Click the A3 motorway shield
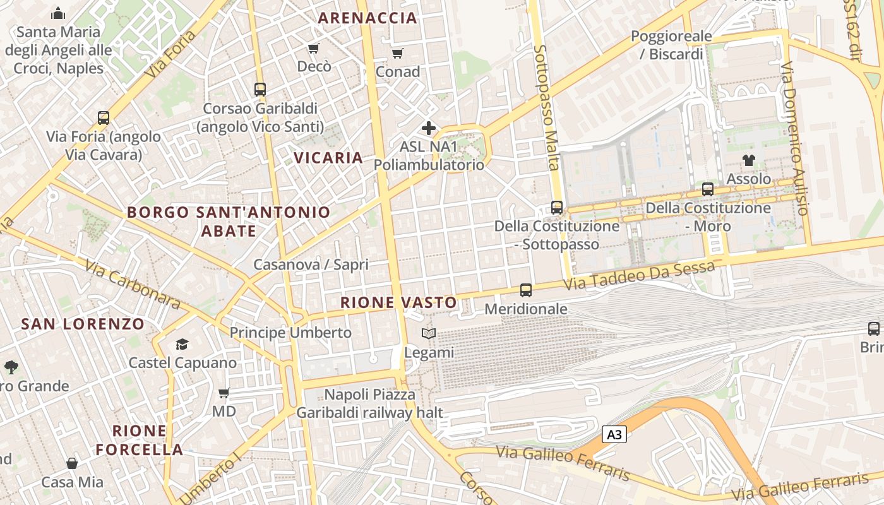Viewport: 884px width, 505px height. tap(614, 434)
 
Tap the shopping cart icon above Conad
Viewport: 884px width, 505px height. tap(397, 53)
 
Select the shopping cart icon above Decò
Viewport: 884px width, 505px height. tap(314, 49)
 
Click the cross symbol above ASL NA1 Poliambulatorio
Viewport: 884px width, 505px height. tap(429, 128)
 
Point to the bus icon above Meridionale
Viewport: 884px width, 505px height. tap(526, 290)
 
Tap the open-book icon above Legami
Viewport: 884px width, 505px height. tap(429, 334)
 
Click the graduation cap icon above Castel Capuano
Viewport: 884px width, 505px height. tap(182, 344)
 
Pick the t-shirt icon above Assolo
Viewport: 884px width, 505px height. tap(749, 160)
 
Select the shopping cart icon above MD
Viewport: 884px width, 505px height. tap(224, 393)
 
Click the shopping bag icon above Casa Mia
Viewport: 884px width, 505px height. tap(72, 464)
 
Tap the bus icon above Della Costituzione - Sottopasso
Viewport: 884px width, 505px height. tap(557, 207)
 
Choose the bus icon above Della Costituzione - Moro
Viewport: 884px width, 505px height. tap(708, 189)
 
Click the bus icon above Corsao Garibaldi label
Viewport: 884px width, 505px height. tap(260, 90)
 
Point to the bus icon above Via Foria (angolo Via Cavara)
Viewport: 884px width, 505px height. tap(104, 118)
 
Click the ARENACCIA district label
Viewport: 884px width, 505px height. tap(367, 18)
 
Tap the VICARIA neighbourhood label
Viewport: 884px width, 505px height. tap(328, 158)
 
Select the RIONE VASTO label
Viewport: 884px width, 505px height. tap(398, 303)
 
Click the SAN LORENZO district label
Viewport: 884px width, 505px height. tap(83, 324)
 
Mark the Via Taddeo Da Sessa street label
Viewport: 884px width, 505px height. tap(638, 276)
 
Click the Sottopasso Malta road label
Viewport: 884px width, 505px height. tap(546, 107)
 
